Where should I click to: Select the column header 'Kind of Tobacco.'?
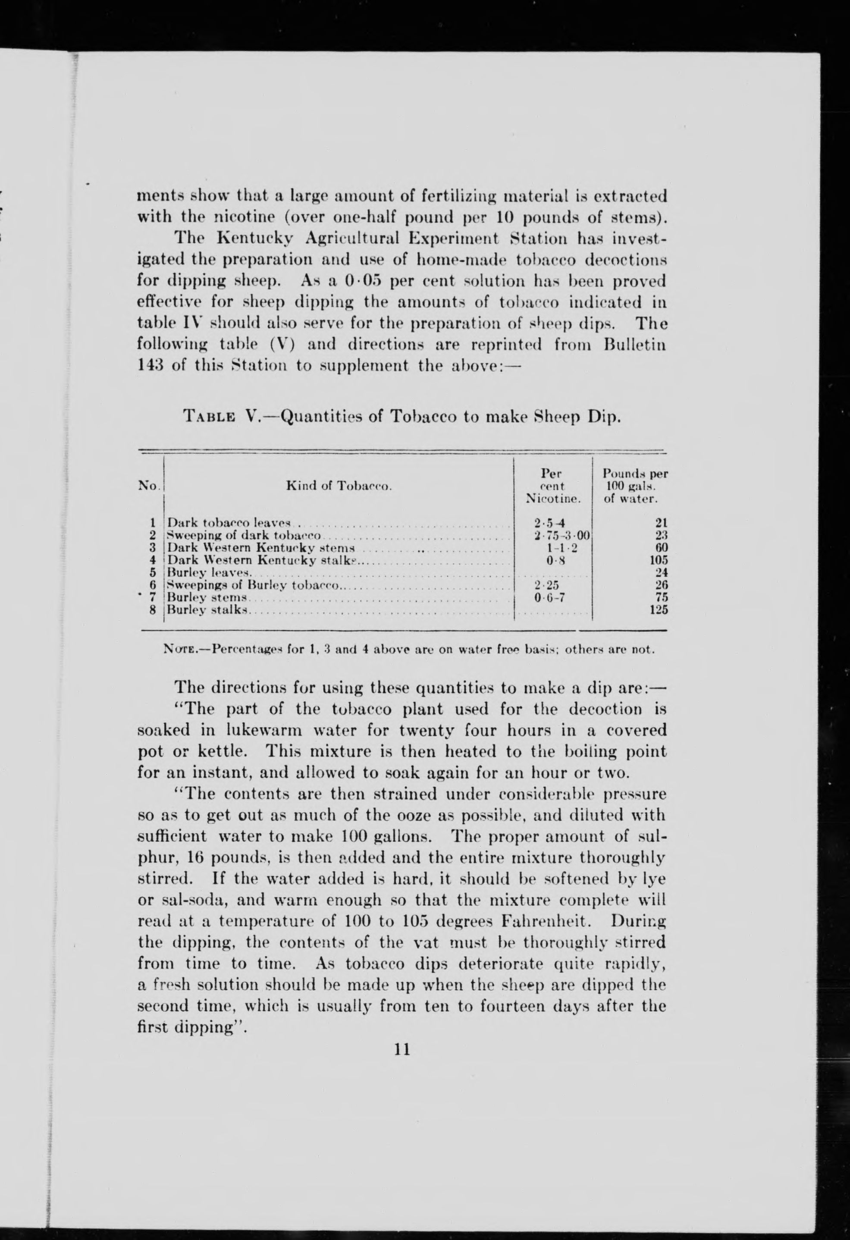[x=339, y=486]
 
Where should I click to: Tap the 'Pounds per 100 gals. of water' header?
[x=635, y=486]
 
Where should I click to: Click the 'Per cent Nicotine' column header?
[x=552, y=486]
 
